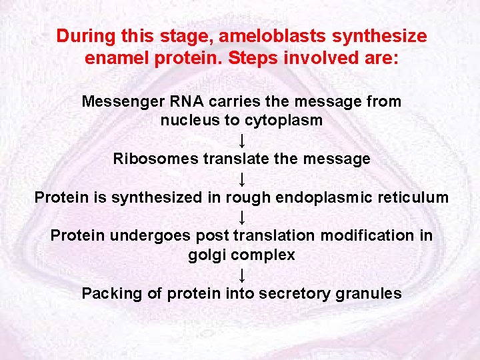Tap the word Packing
[109, 293]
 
